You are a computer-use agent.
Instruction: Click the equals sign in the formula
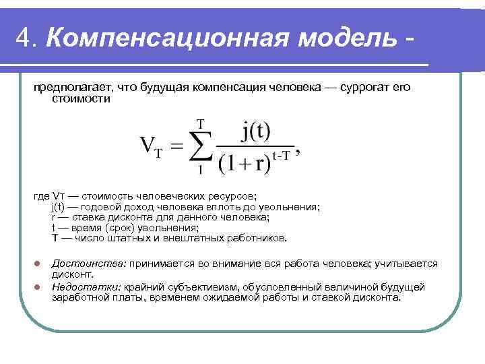[x=175, y=147]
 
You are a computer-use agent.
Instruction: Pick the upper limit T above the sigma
[x=199, y=123]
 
